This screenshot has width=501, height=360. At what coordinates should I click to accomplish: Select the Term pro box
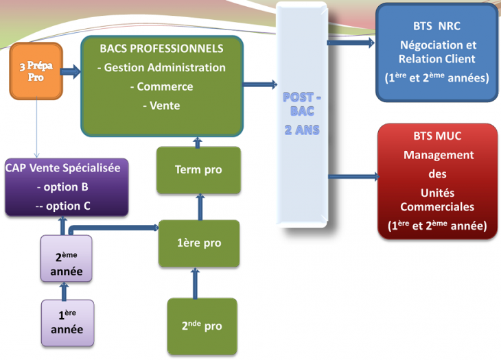click(198, 169)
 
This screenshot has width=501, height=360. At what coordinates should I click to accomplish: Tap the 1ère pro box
click(198, 243)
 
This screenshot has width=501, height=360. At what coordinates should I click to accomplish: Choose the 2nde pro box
click(202, 326)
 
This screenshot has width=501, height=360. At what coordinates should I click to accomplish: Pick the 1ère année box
click(67, 322)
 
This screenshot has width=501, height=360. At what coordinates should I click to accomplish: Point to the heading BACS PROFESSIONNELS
click(161, 49)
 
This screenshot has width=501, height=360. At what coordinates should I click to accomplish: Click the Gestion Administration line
click(162, 67)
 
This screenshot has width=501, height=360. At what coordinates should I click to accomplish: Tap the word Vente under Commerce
click(161, 106)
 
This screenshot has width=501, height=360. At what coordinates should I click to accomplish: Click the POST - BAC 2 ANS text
click(302, 113)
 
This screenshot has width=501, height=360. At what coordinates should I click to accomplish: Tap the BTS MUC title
click(438, 136)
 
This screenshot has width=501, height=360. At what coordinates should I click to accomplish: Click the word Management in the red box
click(438, 155)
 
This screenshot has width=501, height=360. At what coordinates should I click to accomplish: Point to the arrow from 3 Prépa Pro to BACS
click(71, 71)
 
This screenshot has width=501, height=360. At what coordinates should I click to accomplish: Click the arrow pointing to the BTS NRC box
click(351, 43)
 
